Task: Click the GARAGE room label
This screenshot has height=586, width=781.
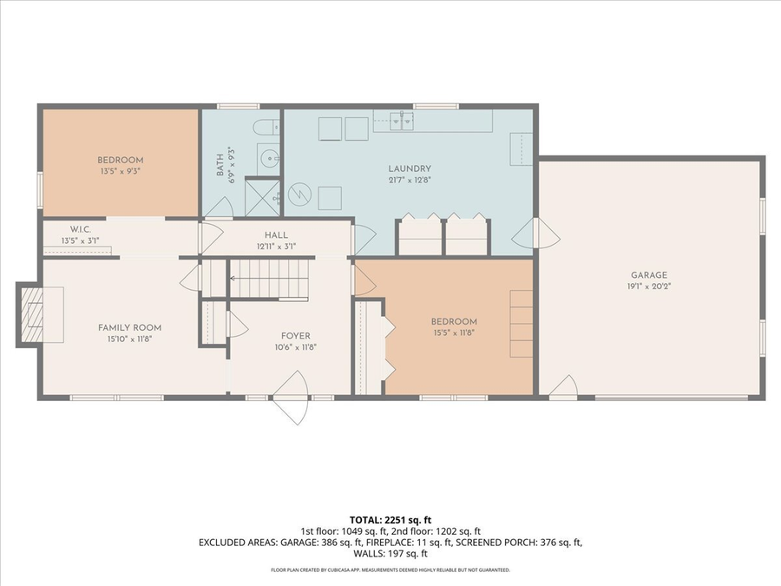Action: [648, 275]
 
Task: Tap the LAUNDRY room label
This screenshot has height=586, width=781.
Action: [410, 168]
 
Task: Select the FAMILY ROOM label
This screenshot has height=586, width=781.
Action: [129, 327]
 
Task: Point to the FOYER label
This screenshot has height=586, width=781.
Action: [295, 336]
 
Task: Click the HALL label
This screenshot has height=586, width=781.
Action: [276, 235]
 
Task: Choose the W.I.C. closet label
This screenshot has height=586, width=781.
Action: [75, 229]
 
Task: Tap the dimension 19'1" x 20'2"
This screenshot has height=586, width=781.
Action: [648, 286]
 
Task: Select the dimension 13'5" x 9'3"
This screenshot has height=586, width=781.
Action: [120, 171]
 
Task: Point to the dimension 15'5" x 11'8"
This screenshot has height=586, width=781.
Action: [454, 332]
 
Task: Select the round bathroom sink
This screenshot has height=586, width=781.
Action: [268, 159]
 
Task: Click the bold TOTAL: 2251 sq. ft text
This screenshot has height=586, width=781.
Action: [390, 519]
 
